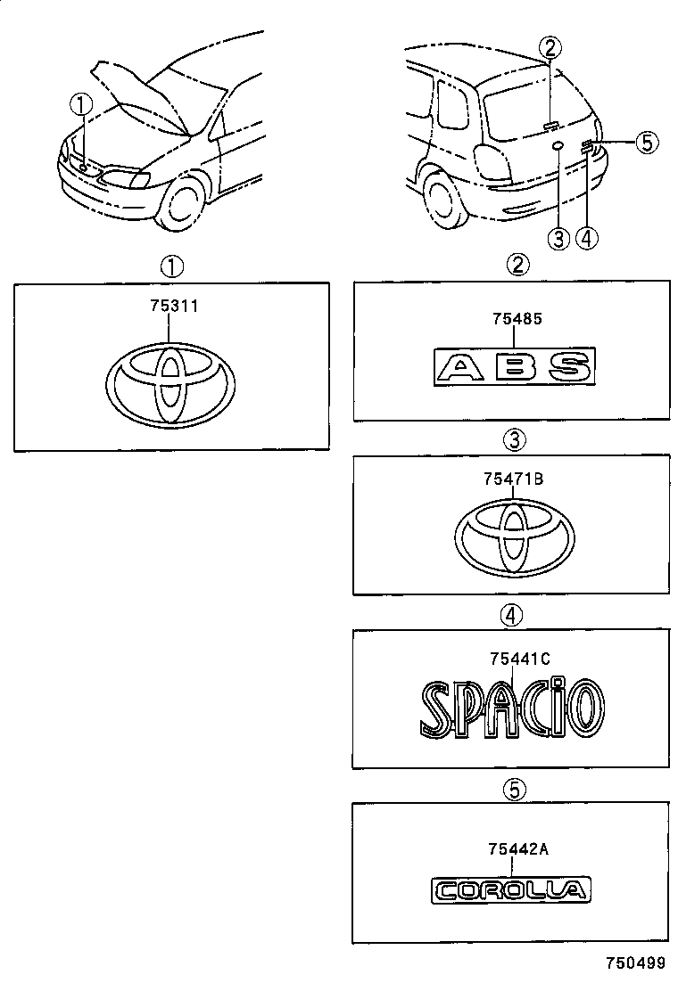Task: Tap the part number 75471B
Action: (513, 479)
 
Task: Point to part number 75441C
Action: (518, 659)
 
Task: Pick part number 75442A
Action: (517, 849)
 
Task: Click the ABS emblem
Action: (514, 367)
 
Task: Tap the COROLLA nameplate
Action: (510, 889)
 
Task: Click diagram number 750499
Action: (636, 963)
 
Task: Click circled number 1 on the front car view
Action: (82, 105)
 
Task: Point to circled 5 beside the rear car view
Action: (646, 141)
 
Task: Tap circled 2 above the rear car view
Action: (550, 46)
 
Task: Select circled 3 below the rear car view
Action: (558, 238)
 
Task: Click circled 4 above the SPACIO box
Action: (512, 614)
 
